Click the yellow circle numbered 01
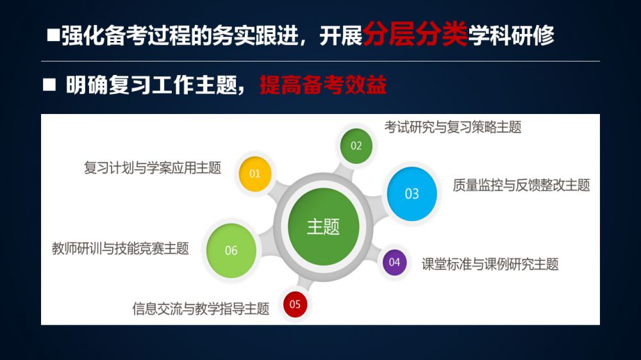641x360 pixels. pos(254,174)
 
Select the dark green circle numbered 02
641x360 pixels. pos(356,146)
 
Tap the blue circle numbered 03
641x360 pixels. pos(412,193)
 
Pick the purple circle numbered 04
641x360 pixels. pos(394,263)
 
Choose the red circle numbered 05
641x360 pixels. pos(295,304)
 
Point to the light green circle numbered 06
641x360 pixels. pos(231,250)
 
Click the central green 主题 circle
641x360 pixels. pos(323,227)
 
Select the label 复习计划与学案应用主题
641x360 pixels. pos(153,168)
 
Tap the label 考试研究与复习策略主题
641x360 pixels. pos(453,127)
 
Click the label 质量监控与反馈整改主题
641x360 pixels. pos(521,185)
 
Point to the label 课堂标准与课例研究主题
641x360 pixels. pos(490,264)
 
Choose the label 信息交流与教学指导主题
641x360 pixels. pos(201,309)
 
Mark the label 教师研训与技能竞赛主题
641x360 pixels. pos(121,249)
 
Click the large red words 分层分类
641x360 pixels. pos(415,33)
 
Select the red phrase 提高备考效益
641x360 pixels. pos(323,85)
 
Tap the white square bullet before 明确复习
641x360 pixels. pos(49,85)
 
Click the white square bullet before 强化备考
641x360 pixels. pos(53,35)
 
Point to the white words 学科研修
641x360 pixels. pos(511,35)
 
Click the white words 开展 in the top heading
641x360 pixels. pos(340,36)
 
